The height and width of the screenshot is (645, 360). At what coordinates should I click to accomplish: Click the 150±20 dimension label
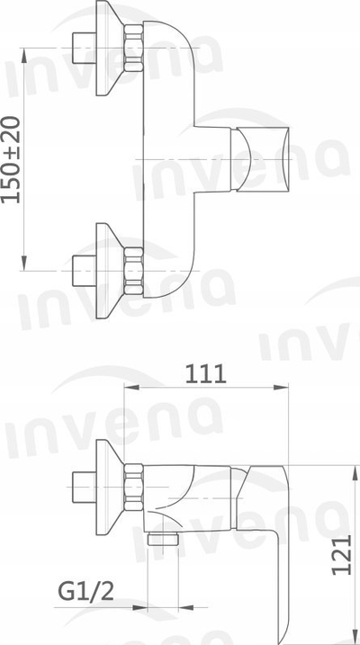[x=11, y=159]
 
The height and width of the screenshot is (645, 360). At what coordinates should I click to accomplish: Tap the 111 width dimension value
[x=206, y=374]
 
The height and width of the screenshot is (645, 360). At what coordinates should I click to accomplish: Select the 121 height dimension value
[x=342, y=555]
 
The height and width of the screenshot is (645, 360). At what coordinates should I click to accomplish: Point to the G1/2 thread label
[x=85, y=592]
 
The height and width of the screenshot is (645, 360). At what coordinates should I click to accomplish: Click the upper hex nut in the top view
[x=133, y=49]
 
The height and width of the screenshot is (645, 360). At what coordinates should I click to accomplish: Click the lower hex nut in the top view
[x=133, y=271]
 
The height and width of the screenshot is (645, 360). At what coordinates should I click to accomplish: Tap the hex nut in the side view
[x=133, y=487]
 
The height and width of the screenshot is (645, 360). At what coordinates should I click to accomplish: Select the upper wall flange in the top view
[x=109, y=49]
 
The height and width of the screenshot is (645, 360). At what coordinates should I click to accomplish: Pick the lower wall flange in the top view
[x=109, y=271]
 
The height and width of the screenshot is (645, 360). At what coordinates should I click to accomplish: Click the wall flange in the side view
[x=109, y=487]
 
